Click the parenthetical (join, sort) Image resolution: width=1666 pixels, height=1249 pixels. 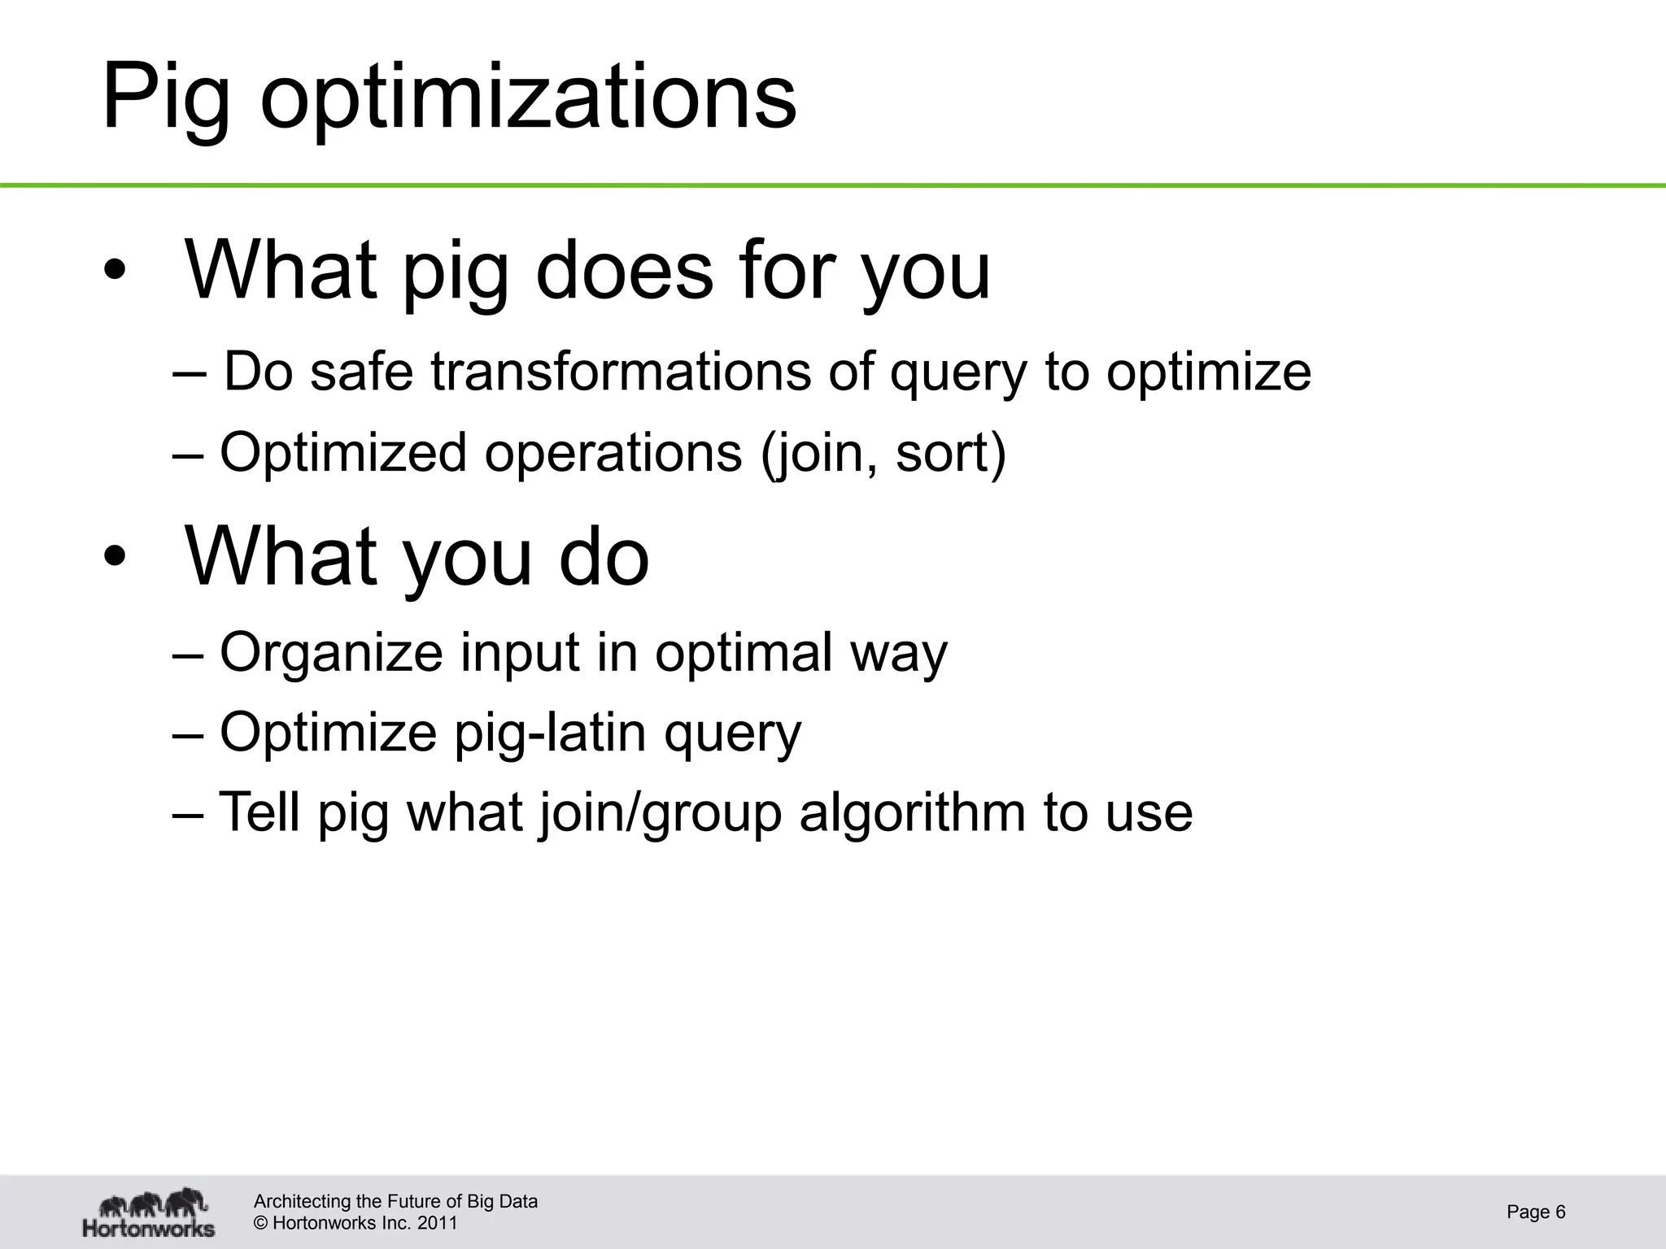(883, 453)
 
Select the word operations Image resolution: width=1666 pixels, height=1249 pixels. (613, 453)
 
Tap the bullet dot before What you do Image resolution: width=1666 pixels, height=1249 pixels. (115, 558)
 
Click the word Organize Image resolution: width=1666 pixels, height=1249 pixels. (331, 652)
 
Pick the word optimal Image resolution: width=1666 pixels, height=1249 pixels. (744, 652)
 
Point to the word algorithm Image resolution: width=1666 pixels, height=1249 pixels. (912, 813)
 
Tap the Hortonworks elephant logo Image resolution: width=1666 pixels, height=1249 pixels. (149, 1212)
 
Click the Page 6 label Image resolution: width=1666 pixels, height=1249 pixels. (1536, 1212)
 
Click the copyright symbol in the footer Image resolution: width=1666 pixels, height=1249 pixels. (261, 1224)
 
